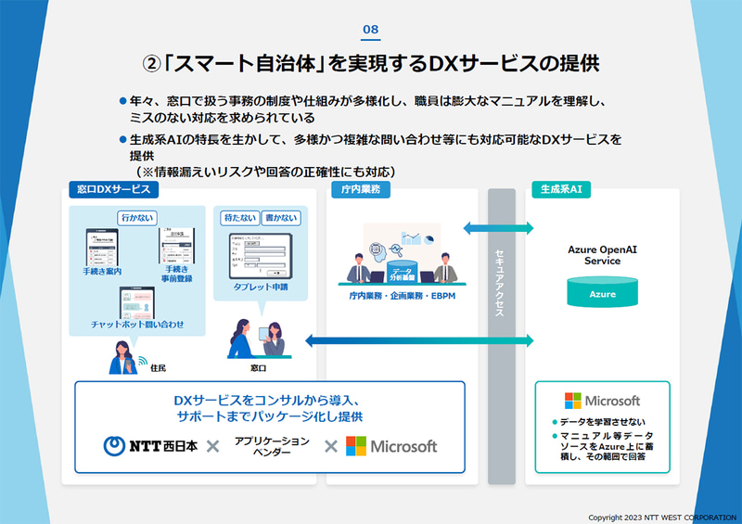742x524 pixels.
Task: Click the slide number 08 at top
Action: (370, 30)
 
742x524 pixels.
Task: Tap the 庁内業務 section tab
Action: (358, 189)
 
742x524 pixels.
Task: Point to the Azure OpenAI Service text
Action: (602, 255)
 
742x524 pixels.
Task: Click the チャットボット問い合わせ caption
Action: (137, 325)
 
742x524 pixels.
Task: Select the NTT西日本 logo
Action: (148, 446)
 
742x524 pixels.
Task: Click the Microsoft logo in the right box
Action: (602, 401)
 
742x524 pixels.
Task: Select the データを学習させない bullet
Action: (600, 422)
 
